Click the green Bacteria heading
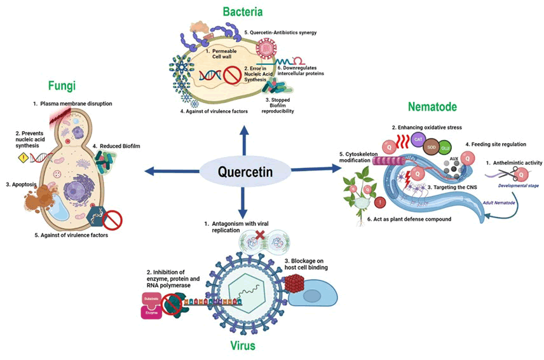click(x=243, y=11)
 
